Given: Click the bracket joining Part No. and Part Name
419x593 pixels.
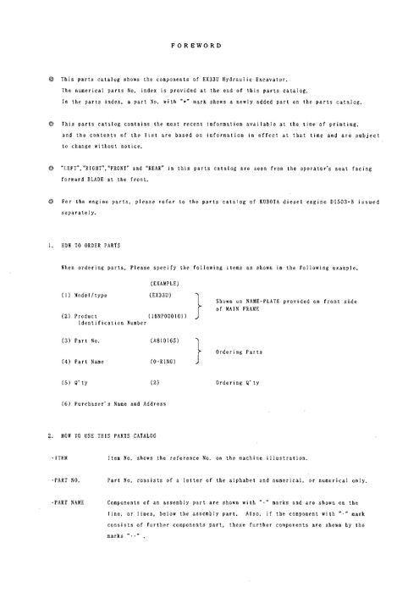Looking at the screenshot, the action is point(197,352).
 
